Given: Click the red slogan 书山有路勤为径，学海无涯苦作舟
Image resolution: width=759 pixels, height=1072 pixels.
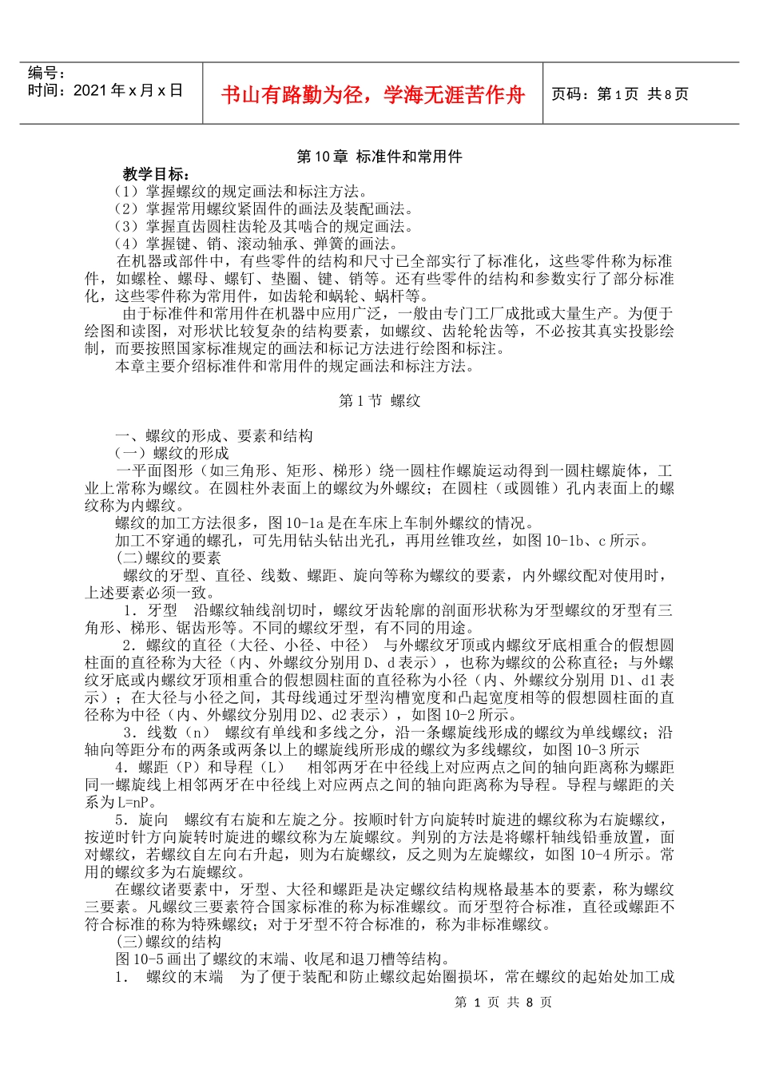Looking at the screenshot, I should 372,95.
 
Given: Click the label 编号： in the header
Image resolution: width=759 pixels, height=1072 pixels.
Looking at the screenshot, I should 47,73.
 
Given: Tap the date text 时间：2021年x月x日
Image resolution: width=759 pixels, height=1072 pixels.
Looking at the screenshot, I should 105,90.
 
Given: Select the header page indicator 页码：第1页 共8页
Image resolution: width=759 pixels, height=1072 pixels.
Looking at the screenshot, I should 620,94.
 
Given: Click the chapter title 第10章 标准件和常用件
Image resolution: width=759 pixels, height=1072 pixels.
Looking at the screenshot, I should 379,157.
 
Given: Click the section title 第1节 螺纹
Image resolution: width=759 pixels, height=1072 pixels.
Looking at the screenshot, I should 379,400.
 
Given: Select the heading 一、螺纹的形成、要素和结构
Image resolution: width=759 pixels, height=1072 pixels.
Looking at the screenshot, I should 214,435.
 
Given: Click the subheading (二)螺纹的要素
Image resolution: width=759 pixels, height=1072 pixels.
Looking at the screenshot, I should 169,558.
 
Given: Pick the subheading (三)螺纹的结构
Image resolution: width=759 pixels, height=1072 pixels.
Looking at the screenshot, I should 169,942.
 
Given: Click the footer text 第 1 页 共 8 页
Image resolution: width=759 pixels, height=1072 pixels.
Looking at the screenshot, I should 503,1002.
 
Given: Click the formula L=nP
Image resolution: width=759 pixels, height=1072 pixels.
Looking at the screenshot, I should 126,802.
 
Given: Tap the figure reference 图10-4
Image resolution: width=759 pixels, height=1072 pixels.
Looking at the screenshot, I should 572,854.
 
